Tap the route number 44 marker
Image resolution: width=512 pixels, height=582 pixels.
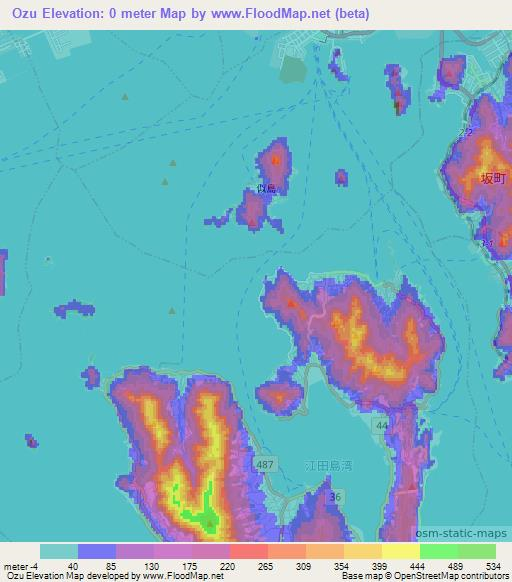[383, 426]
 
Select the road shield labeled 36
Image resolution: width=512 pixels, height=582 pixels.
[335, 498]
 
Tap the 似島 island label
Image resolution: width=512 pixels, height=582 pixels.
[266, 186]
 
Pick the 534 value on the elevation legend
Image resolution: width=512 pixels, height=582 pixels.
[494, 567]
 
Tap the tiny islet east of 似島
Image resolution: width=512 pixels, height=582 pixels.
[341, 177]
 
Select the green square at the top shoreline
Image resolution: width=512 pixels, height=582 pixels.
[291, 68]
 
